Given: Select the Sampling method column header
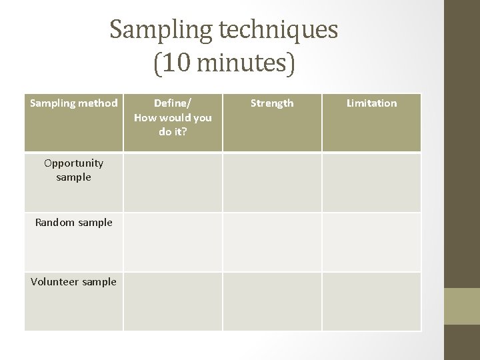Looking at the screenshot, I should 74,103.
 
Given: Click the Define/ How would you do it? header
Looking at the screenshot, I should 173,117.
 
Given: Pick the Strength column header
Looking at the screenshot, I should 272,103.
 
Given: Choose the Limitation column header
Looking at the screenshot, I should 371,103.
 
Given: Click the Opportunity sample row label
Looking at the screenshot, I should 74,170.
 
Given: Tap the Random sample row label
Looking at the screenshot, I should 74,223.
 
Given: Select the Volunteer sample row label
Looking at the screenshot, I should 74,282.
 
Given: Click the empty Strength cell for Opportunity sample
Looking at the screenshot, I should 272,182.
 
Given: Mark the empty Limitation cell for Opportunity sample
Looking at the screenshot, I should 371,182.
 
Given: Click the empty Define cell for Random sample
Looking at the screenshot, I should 173,241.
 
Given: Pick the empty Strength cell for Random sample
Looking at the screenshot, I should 272,241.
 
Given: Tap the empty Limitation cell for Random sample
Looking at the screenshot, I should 371,241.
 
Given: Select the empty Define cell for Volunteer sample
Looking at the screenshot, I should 173,301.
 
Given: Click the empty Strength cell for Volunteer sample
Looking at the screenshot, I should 272,301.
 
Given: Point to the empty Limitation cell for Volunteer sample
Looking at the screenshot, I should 371,301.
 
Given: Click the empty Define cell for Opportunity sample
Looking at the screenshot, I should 173,182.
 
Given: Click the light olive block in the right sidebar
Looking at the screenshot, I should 462,306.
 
